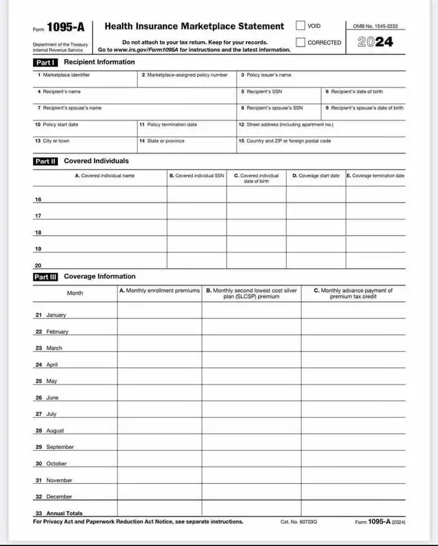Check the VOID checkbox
300,26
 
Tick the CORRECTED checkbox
300,42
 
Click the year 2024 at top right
375,42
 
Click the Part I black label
46,62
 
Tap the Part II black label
46,161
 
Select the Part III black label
46,277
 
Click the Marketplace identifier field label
66,75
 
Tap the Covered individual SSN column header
196,176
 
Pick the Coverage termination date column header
376,176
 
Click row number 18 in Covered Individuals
38,233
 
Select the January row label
55,315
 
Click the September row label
60,447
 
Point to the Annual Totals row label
64,513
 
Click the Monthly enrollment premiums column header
159,291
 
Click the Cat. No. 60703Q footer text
299,522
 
